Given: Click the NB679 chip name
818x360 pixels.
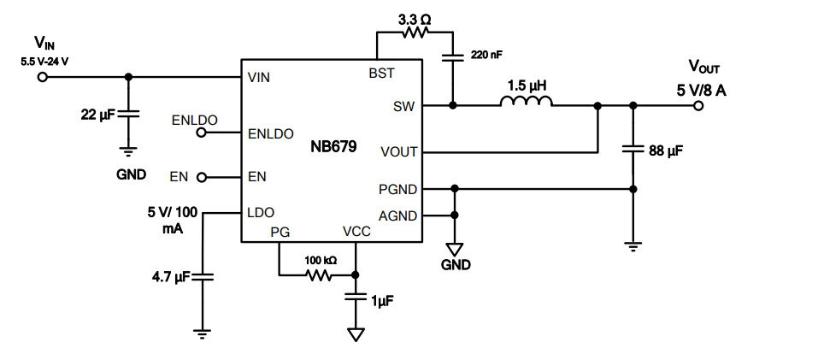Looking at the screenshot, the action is pos(334,146).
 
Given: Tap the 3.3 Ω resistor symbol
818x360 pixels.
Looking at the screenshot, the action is pos(415,32).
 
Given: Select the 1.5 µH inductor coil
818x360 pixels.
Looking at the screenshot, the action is pos(526,101).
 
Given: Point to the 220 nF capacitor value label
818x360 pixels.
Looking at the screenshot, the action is pos(486,54).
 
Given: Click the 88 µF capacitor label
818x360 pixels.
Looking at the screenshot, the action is pos(666,151).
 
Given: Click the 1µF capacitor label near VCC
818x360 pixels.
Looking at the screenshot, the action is pos(382,301).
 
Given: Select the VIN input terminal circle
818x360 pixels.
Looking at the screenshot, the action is pos(43,77).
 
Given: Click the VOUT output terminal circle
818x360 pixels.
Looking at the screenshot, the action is pos(698,106).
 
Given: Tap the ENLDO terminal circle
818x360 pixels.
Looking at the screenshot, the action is pos(202,133).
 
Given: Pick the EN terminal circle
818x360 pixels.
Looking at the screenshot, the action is pos(202,177).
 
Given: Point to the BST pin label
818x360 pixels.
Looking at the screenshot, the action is pos(382,73).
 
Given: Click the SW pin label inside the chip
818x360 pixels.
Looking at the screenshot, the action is pos(404,106).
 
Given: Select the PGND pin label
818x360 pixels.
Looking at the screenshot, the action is pos(398,190).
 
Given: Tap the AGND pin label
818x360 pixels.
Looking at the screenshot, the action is pos(398,215).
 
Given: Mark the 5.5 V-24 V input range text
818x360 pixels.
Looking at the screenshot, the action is pos(44,62).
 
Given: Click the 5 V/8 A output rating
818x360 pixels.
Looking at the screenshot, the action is pos(701,91).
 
